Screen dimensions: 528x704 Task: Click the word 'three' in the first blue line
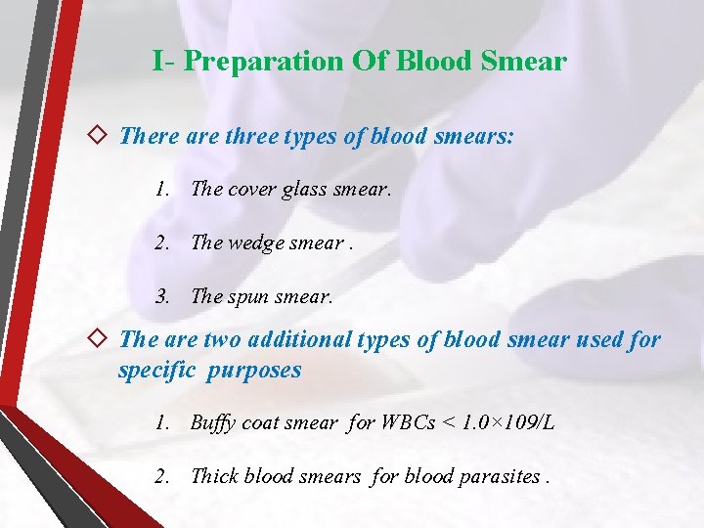click(253, 136)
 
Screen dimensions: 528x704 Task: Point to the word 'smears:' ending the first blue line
click(477, 136)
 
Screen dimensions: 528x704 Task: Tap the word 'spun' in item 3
click(253, 297)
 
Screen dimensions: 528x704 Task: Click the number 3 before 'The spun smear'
click(160, 297)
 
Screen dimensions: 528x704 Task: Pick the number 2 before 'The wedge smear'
click(160, 243)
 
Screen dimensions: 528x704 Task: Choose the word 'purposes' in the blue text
click(257, 371)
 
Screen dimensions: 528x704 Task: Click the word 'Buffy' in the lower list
click(212, 423)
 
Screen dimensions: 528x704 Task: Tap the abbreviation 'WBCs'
click(409, 423)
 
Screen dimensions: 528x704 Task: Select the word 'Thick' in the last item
click(214, 477)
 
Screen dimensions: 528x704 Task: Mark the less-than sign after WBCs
click(448, 423)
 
